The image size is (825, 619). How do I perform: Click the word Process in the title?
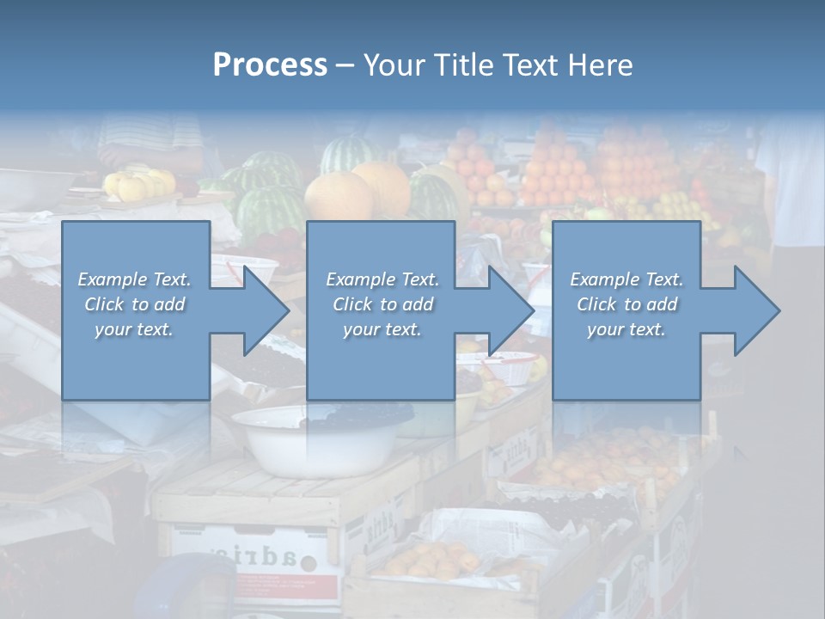tap(270, 65)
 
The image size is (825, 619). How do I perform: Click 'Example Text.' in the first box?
tap(134, 279)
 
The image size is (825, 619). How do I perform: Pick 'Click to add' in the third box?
tap(626, 304)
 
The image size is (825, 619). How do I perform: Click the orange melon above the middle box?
tap(339, 197)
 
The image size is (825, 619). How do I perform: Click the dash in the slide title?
tap(345, 65)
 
